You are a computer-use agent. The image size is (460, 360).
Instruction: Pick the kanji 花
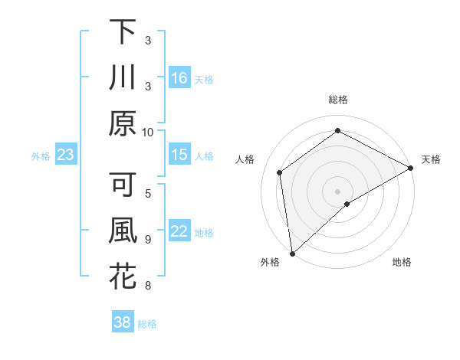(x=123, y=277)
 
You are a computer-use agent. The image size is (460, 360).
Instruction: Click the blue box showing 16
(x=179, y=77)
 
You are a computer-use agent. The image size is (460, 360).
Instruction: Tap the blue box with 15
(x=179, y=155)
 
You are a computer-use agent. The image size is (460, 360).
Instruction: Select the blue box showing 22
(x=179, y=231)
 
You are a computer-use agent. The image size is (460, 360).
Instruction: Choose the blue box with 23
(x=66, y=155)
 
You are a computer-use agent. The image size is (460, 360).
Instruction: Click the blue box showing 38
(x=123, y=322)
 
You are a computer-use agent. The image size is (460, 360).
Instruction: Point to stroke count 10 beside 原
(x=149, y=131)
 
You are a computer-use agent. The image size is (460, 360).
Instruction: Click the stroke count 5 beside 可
(x=149, y=194)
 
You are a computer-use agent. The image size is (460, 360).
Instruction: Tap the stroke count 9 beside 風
(x=148, y=240)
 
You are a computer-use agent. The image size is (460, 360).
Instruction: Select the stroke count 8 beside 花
(x=148, y=286)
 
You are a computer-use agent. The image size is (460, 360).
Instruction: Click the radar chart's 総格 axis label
(x=338, y=100)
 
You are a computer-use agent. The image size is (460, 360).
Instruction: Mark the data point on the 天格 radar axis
(x=412, y=169)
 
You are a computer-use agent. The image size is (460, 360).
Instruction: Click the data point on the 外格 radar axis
(x=292, y=253)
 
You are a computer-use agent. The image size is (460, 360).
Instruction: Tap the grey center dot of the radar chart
(x=338, y=191)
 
